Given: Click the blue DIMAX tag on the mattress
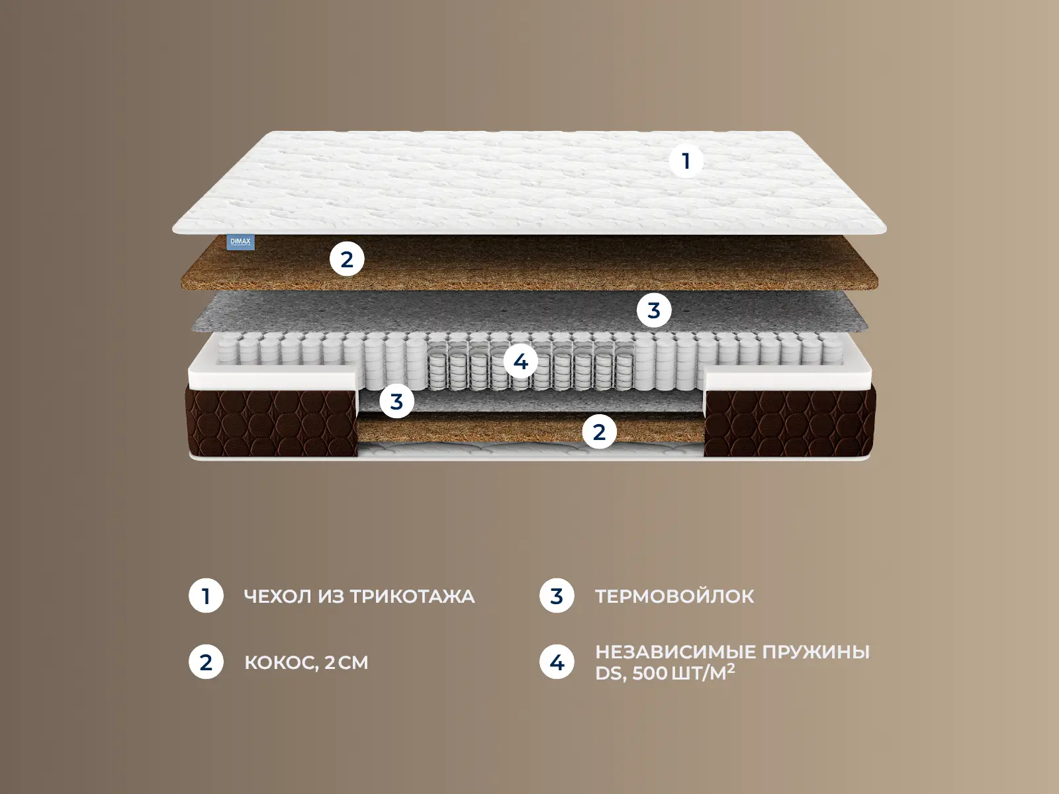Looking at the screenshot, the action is [x=241, y=242].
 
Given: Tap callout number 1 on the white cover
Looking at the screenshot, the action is [x=686, y=161].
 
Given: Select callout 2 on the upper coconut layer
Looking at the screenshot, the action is [x=347, y=259].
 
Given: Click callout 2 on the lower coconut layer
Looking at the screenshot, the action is [x=599, y=432].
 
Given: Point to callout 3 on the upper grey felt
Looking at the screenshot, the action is [x=654, y=310].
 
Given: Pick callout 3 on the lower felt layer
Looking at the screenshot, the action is [x=396, y=401].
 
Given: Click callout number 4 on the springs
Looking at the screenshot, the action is [x=520, y=361].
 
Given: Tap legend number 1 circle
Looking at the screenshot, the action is [x=206, y=596].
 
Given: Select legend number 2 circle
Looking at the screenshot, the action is [x=206, y=662].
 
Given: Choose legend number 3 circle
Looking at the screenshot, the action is [x=557, y=596].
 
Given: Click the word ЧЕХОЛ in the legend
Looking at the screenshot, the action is [x=277, y=596].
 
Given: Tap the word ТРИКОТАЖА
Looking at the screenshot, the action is [x=412, y=597].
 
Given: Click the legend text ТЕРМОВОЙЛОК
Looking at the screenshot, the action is [x=674, y=596].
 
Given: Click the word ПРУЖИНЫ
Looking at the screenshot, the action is [x=816, y=653].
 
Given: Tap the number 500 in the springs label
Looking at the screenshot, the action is [x=649, y=674].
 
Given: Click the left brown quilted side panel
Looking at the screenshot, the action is [x=271, y=422].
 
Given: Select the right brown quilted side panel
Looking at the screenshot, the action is [x=790, y=422].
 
